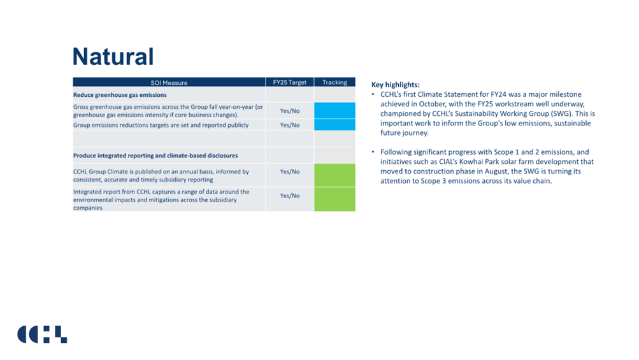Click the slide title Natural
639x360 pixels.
113,56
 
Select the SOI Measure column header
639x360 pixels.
169,82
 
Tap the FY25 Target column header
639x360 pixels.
290,82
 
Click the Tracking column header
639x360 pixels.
334,82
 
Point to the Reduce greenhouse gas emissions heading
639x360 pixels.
120,95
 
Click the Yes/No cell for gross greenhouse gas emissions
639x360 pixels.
290,111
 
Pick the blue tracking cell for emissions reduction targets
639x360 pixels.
334,125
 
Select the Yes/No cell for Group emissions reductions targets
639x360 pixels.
290,125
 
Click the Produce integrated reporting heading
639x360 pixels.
155,155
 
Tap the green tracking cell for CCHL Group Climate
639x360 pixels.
334,175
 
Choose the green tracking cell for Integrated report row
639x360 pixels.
334,199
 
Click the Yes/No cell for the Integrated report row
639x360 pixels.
290,196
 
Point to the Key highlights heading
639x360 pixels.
395,85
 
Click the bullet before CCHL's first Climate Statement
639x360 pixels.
373,94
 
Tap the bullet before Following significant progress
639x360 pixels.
373,152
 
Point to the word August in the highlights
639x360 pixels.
496,171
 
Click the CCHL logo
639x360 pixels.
42,335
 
